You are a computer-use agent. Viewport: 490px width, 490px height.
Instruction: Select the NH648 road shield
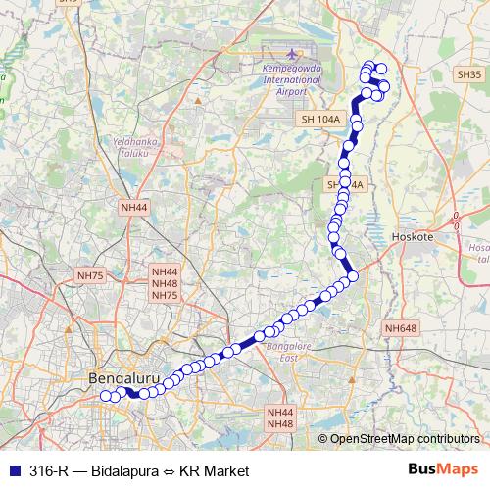point(401,328)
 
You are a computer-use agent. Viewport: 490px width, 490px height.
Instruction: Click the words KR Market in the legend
point(216,471)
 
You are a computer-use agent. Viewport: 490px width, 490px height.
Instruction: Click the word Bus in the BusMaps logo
point(423,470)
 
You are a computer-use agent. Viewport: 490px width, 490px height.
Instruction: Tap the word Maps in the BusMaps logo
point(460,470)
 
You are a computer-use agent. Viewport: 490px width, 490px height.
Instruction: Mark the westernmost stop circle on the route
point(106,397)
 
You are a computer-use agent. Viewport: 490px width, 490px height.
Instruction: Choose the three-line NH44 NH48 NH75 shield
point(165,283)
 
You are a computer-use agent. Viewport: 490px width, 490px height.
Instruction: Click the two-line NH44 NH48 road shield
point(279,418)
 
